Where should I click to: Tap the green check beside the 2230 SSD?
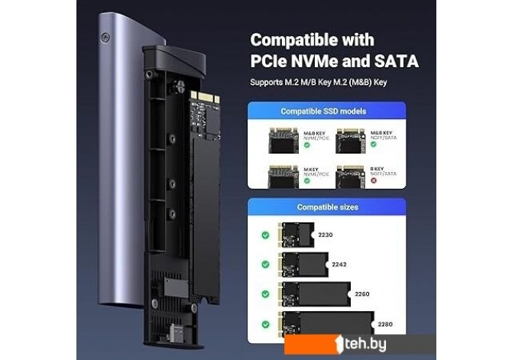[x=265, y=235]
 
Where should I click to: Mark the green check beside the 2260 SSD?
[x=265, y=294]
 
